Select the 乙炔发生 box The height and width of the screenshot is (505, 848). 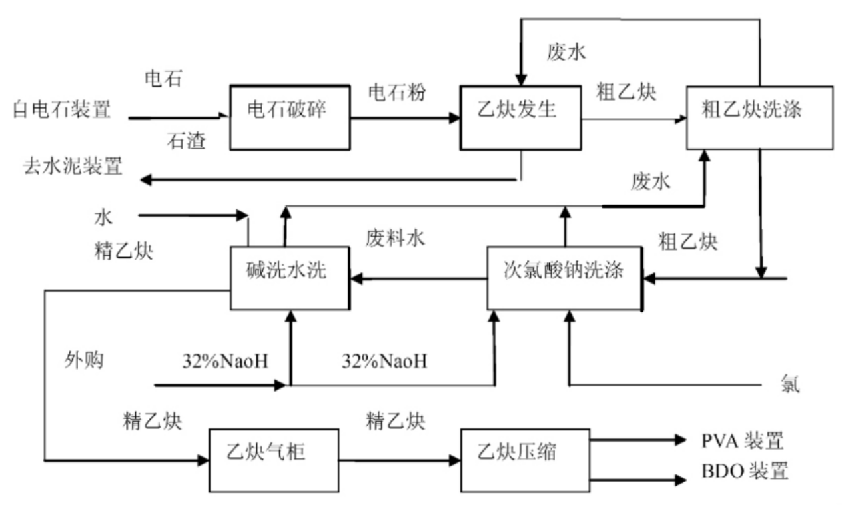tap(520, 117)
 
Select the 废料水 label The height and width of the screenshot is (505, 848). tap(394, 238)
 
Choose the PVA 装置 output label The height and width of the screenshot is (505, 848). tap(741, 441)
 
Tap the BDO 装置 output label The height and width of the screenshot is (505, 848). tap(744, 472)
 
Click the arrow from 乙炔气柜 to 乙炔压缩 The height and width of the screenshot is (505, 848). tap(400, 460)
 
